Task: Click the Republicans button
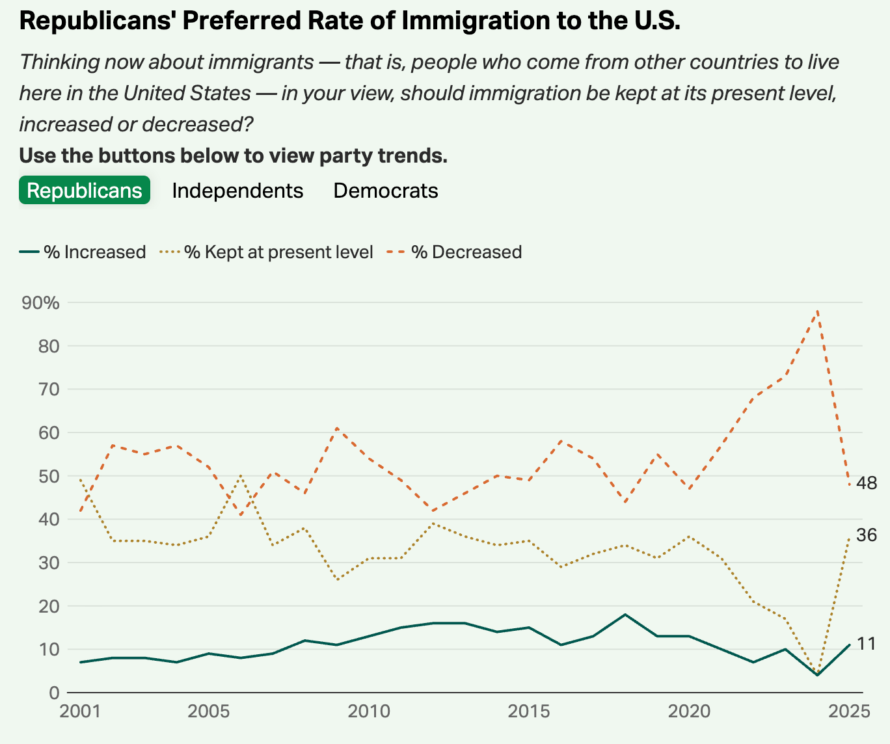(x=85, y=191)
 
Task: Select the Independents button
(x=237, y=191)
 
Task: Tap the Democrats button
(x=386, y=191)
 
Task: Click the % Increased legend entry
(x=83, y=252)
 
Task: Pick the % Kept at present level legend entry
(x=267, y=252)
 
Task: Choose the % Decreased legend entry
(x=455, y=252)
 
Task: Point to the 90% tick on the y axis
(x=40, y=303)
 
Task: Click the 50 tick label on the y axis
(x=49, y=476)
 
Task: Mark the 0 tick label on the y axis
(x=54, y=693)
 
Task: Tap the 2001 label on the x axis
(x=80, y=711)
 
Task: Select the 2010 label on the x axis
(x=368, y=711)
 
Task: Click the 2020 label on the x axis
(x=689, y=711)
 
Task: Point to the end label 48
(x=867, y=483)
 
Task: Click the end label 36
(x=867, y=535)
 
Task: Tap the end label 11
(x=867, y=644)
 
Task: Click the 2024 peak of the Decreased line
(x=817, y=311)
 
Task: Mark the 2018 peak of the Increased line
(x=625, y=615)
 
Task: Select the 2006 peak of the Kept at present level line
(x=241, y=476)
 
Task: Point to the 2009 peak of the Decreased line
(x=336, y=428)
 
